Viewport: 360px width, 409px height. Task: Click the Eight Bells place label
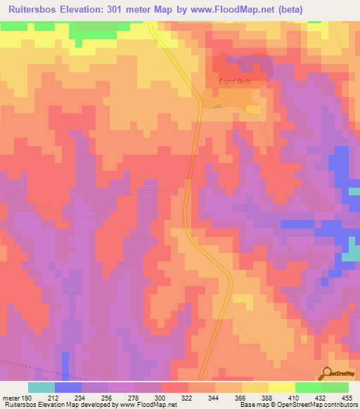[x=233, y=82]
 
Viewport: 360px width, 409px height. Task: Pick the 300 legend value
[x=161, y=397]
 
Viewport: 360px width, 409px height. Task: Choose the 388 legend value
[x=267, y=397]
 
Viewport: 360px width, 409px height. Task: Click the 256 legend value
[x=108, y=397]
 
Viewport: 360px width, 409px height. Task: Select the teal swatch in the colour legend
[x=41, y=387]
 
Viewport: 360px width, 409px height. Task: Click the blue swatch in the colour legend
[x=67, y=387]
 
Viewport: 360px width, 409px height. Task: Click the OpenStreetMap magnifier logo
[x=327, y=373]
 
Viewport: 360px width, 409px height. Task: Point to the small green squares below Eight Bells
[x=217, y=107]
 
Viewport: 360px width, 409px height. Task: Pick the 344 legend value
[x=214, y=397]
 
